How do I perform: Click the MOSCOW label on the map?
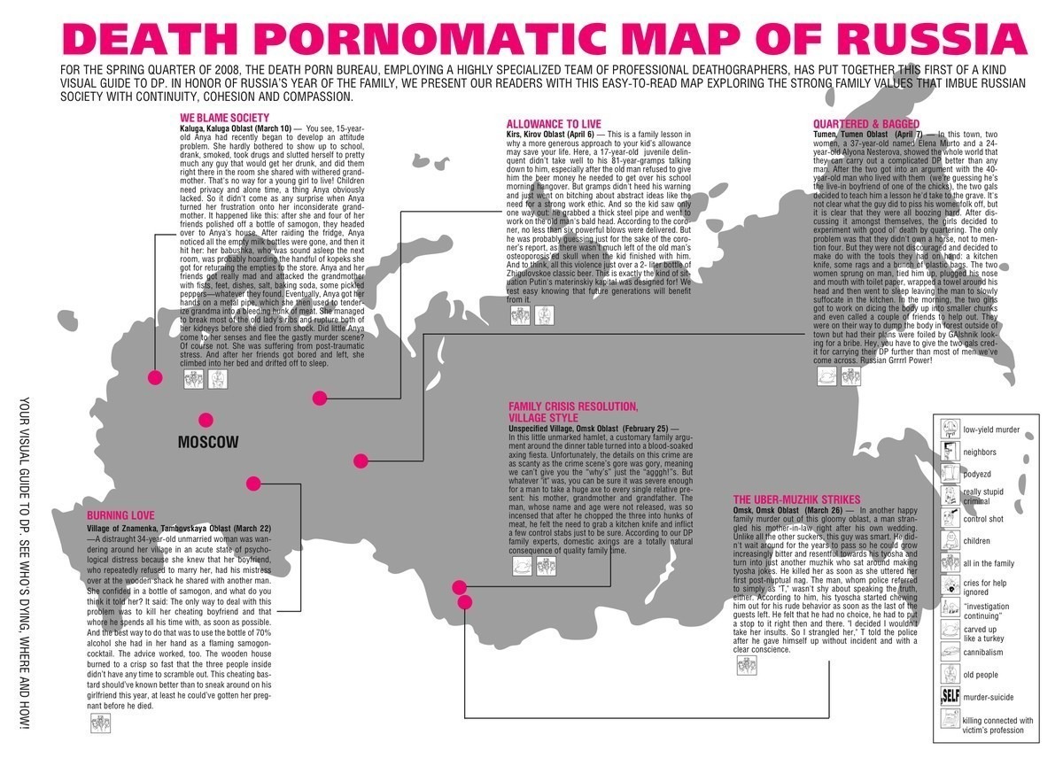point(208,442)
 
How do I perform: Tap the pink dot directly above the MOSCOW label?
point(206,420)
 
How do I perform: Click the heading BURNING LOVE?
point(120,515)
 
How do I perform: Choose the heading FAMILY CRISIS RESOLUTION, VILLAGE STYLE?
point(573,412)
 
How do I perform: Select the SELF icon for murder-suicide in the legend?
point(949,698)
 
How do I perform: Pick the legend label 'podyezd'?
point(978,475)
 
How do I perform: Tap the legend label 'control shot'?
point(983,519)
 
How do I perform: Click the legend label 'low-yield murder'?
point(991,430)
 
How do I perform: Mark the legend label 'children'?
point(978,541)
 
